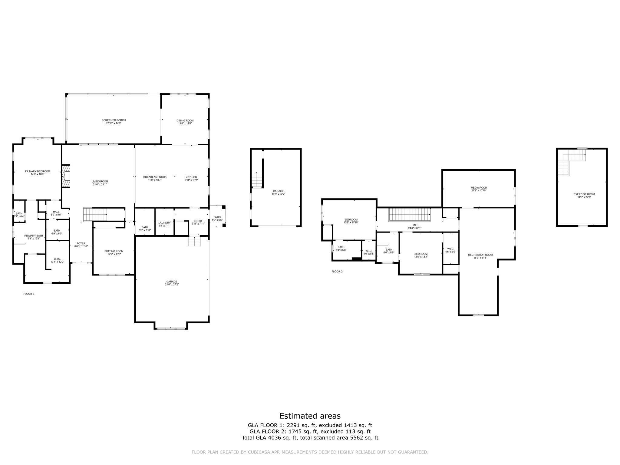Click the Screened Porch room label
[x=114, y=120]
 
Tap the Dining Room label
[x=185, y=120]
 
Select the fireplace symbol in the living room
[x=66, y=176]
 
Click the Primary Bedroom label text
[x=38, y=171]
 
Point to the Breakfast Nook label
[x=155, y=177]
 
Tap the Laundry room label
[x=164, y=223]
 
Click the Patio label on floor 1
[x=217, y=217]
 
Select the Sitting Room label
[x=114, y=251]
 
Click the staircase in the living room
[x=95, y=214]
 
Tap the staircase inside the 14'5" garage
[x=256, y=180]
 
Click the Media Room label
[x=479, y=188]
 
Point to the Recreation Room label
[x=480, y=255]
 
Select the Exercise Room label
[x=582, y=194]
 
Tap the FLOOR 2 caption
[x=337, y=272]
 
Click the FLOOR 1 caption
[x=29, y=294]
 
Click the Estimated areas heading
[x=310, y=416]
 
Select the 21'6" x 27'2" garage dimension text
[x=172, y=285]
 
